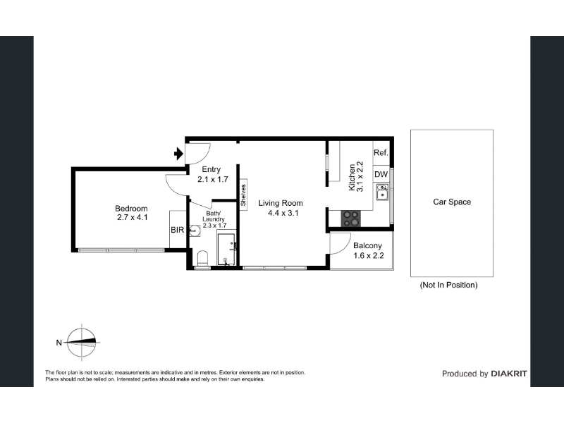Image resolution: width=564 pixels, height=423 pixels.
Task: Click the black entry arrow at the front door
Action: point(178,154)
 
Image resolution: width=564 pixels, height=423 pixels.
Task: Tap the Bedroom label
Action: point(131,208)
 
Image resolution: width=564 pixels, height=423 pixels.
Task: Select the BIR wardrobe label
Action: point(178,230)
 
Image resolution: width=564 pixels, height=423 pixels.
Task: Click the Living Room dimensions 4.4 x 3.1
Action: point(283,213)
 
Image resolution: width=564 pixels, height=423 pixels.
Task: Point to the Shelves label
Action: point(243,195)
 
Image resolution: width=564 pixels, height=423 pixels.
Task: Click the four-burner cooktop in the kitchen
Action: point(350,219)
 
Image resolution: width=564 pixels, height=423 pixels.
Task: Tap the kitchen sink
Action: point(382,192)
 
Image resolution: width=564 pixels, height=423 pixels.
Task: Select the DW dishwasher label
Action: point(381,174)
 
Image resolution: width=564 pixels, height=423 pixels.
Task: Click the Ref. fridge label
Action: point(381,152)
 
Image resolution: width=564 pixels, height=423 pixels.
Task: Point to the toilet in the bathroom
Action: point(203,258)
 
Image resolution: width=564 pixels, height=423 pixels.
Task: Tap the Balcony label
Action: point(367,245)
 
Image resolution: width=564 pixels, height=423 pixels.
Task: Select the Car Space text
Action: point(452,202)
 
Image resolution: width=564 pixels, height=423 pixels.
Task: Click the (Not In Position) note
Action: point(448,285)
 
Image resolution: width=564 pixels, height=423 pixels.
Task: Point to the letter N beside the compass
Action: point(59,343)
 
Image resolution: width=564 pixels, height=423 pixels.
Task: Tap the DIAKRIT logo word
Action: point(509,374)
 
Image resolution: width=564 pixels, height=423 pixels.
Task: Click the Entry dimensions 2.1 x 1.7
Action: point(213,179)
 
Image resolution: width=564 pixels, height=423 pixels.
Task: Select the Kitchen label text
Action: point(352,178)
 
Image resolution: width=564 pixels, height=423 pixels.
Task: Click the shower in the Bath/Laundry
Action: point(226,250)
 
